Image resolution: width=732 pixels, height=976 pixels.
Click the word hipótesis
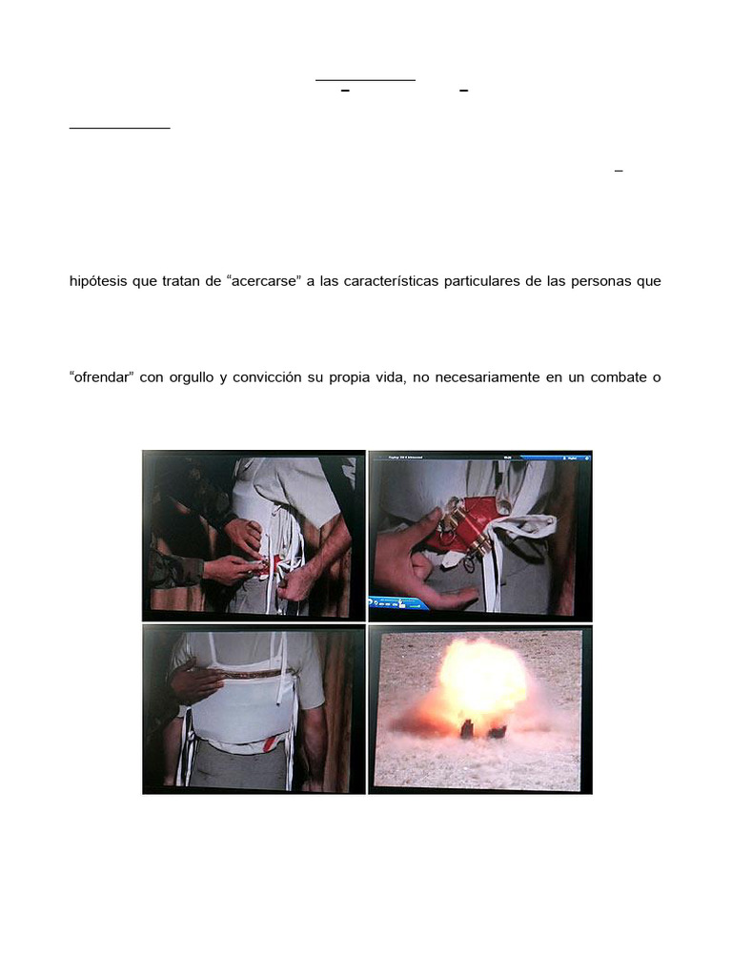[101, 282]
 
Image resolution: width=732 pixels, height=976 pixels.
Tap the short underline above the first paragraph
[120, 128]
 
